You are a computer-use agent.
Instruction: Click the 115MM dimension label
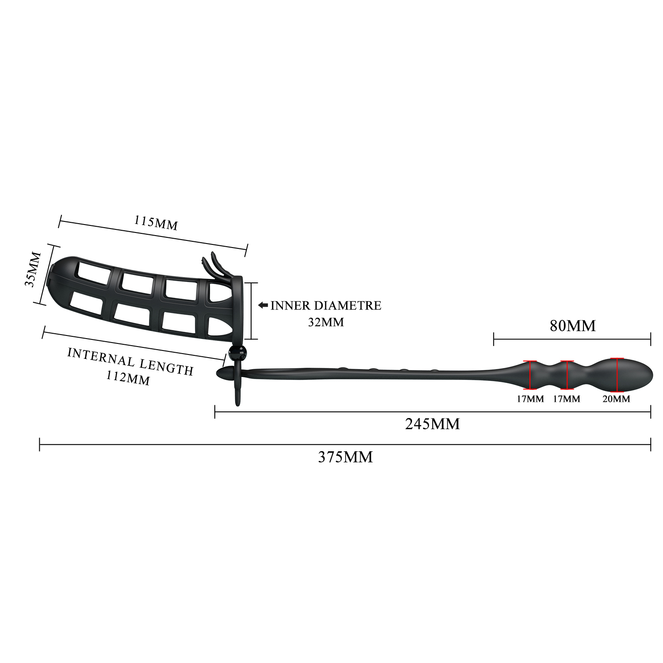pos(156,223)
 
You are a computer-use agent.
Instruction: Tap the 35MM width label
pos(32,270)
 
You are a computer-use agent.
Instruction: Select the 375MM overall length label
pos(345,457)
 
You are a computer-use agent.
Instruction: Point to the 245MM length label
pos(432,424)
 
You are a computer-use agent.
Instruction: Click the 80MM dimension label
pos(572,326)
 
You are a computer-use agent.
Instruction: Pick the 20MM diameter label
pos(616,399)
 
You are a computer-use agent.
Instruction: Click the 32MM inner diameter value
pos(326,322)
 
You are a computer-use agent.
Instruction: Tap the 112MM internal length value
pos(128,377)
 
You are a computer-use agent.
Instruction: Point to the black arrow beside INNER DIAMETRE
pos(263,305)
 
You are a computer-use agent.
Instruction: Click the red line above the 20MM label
pos(617,375)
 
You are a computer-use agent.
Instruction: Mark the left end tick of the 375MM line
pos(40,444)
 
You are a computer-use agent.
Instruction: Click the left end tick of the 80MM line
pos(494,339)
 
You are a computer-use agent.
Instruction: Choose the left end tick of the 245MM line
pos(215,412)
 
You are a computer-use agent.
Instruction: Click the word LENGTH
pos(167,366)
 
